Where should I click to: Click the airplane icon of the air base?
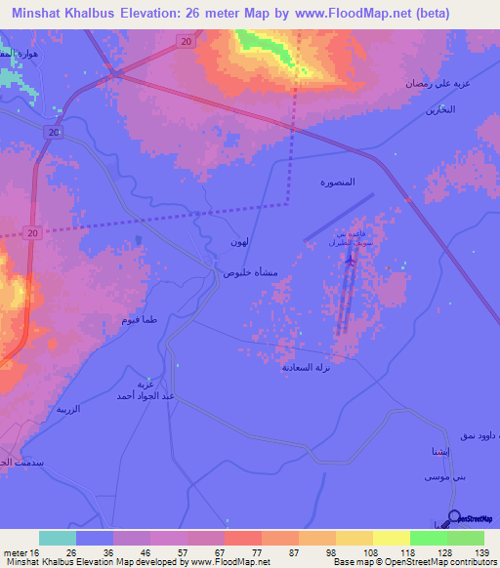pyautogui.click(x=352, y=259)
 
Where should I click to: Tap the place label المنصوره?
pyautogui.click(x=338, y=183)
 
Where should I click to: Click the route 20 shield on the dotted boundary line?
pyautogui.click(x=32, y=232)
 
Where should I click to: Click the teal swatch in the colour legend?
pyautogui.click(x=57, y=538)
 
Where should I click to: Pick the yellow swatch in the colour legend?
pyautogui.click(x=391, y=538)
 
